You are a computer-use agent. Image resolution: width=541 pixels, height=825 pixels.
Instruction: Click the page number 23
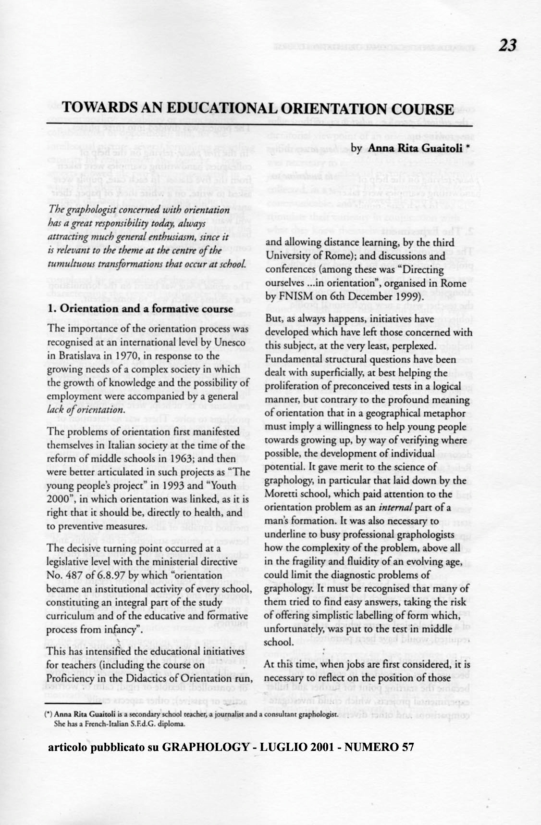click(x=507, y=46)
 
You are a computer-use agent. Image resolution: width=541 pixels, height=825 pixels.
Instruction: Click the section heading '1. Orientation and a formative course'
click(x=140, y=309)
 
